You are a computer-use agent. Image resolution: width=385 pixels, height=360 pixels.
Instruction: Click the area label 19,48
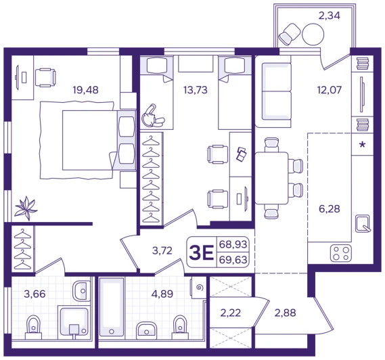tap(86, 90)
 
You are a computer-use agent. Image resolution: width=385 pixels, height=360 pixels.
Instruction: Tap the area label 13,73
tap(196, 90)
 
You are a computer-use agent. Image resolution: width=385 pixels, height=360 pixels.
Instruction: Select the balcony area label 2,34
tap(329, 16)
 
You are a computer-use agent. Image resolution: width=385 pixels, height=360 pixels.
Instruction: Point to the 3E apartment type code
tap(201, 252)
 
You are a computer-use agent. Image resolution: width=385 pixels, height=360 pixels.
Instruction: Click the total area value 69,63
tap(233, 260)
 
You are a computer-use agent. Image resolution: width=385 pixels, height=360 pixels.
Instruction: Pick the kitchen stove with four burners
tap(341, 254)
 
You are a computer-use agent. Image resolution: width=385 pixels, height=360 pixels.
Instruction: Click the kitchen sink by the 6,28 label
tap(363, 223)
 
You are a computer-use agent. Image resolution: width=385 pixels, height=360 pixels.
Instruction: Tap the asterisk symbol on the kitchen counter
tap(362, 145)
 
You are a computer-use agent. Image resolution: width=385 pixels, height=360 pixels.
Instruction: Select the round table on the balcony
tap(313, 34)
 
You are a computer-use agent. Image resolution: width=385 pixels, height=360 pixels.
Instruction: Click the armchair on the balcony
tap(290, 35)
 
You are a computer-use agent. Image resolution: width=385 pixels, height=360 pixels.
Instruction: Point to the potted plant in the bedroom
tap(26, 208)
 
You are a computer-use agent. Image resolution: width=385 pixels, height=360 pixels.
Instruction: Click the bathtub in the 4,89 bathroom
tap(112, 307)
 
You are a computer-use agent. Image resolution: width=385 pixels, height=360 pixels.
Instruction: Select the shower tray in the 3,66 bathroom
tap(73, 322)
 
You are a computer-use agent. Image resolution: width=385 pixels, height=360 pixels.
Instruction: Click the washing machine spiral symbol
tap(200, 288)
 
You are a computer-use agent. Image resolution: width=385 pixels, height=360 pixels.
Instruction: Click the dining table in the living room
tap(271, 178)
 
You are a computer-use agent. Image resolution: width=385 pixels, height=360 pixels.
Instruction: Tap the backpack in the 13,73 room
tap(153, 116)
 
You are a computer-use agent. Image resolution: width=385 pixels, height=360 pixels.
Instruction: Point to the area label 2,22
tap(231, 313)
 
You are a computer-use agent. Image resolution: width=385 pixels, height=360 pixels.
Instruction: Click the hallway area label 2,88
tap(285, 313)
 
